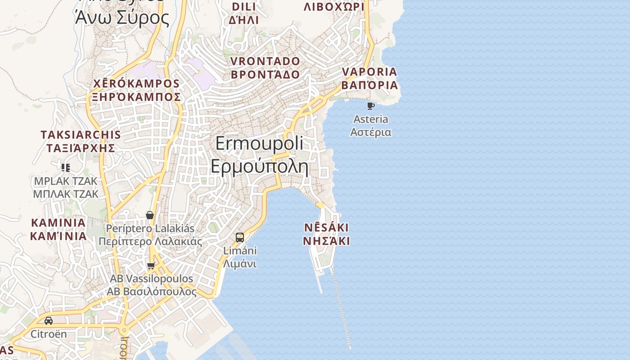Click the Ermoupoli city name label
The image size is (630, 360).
(259, 144)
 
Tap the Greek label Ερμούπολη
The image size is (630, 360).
(259, 166)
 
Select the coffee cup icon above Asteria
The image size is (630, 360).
(371, 106)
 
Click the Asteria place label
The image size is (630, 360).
(371, 119)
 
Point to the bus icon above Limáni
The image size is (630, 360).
(240, 237)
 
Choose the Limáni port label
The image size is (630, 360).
(240, 251)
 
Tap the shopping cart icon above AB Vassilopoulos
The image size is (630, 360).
(151, 265)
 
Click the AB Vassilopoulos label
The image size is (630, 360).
(152, 279)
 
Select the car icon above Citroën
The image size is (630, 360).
(49, 321)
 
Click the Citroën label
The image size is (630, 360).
(49, 334)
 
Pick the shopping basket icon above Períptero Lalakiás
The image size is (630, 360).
(150, 215)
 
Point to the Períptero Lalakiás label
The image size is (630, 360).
(150, 229)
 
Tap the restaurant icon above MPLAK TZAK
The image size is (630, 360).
(66, 168)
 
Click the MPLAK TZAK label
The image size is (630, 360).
(66, 181)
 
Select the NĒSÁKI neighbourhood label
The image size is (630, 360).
(326, 227)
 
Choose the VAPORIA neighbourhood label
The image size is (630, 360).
(369, 72)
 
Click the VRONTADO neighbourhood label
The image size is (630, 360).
(265, 61)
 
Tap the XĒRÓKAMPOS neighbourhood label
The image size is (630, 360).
(136, 84)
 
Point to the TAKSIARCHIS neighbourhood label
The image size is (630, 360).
(81, 135)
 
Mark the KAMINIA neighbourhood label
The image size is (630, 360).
(58, 223)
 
